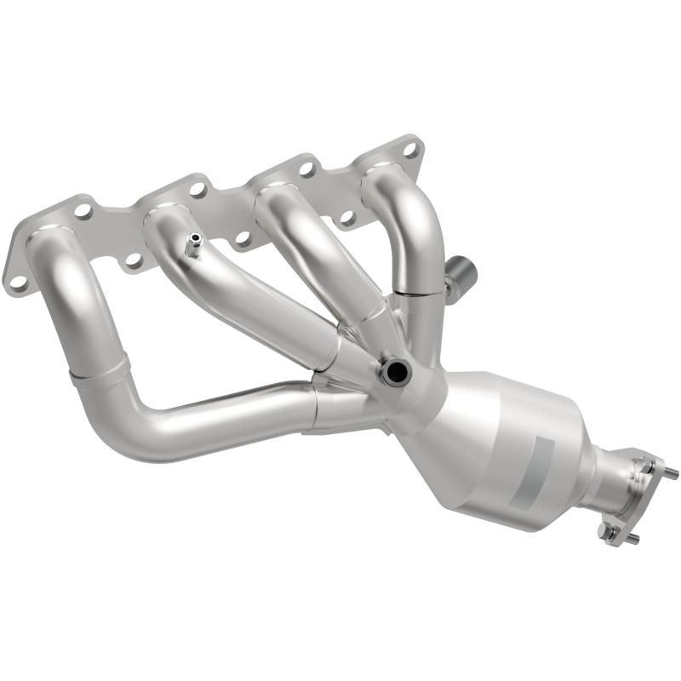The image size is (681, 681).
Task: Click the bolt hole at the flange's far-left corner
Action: [x=16, y=280]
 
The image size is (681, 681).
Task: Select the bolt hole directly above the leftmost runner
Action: [x=83, y=209]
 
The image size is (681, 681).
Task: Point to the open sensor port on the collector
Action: [x=395, y=370]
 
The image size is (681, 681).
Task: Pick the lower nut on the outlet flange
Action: [x=606, y=531]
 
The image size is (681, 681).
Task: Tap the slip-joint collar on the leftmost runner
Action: [x=100, y=371]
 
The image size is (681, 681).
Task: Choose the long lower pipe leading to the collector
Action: [x=213, y=417]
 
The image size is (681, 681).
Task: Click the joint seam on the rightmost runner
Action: [x=419, y=292]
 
